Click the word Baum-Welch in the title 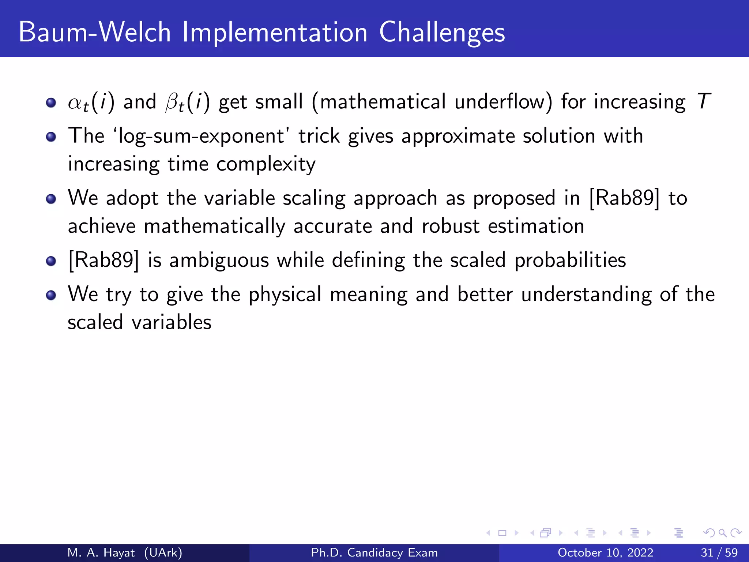point(94,32)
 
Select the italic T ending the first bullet point(704,101)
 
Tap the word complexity point(266,164)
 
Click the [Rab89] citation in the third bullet point(625,198)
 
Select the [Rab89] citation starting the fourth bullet point(103,261)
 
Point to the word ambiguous point(219,261)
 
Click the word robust point(450,226)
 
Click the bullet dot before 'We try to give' point(51,295)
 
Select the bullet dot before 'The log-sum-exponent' point(51,137)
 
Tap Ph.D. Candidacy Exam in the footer point(374,552)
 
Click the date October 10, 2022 point(605,552)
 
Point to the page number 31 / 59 point(719,552)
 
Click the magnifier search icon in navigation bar point(722,533)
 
